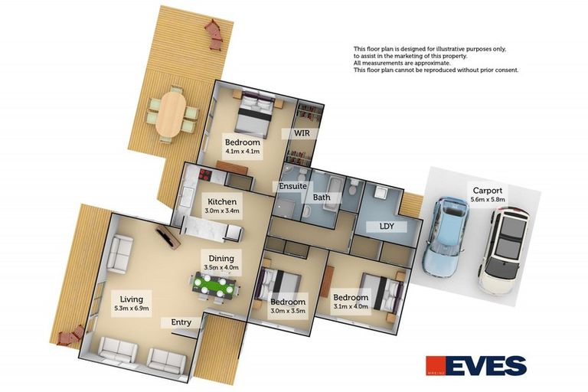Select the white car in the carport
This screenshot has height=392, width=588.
tap(503, 251)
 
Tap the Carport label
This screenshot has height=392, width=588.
tap(488, 190)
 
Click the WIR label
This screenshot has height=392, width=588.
tap(302, 132)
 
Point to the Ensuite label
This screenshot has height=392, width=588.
tap(293, 186)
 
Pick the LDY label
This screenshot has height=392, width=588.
tap(387, 226)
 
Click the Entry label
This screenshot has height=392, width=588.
tap(181, 322)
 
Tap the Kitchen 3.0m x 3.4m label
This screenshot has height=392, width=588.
tap(222, 205)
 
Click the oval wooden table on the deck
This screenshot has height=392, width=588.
tap(171, 114)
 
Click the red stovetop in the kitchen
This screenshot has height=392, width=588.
tap(205, 174)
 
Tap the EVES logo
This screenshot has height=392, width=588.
tap(476, 365)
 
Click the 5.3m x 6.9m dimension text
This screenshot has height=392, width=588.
tap(132, 309)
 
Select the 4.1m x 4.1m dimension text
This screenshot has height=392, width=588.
tap(242, 152)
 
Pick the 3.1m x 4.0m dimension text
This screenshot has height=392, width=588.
tap(351, 306)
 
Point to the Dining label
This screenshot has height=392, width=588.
tap(221, 258)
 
